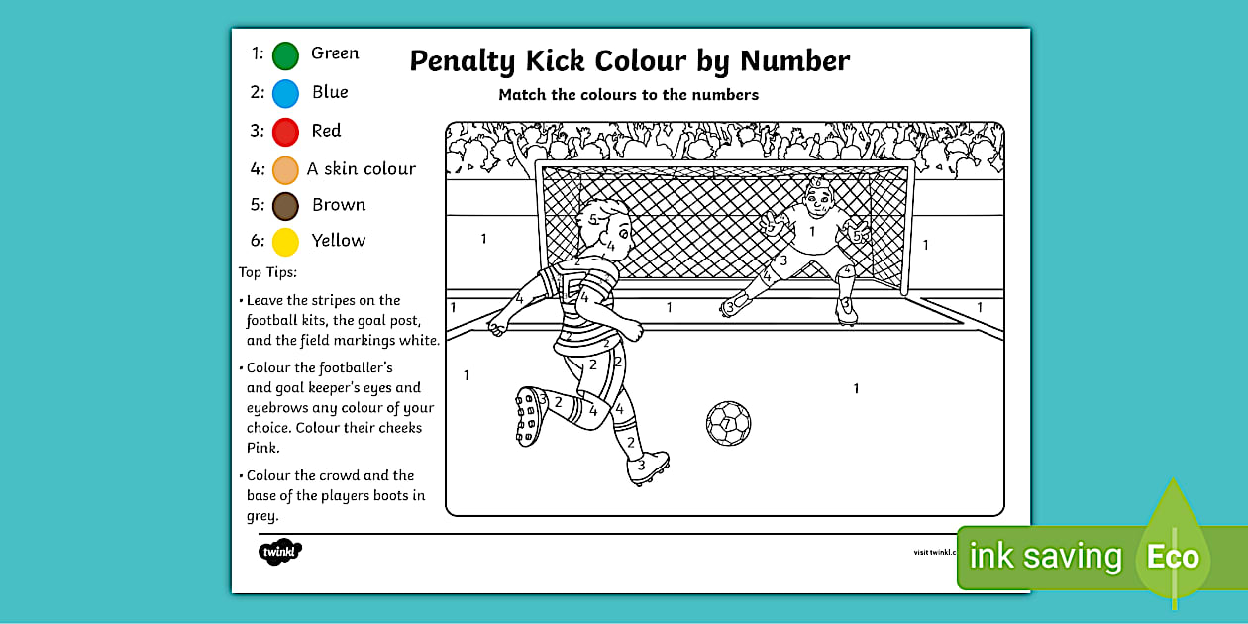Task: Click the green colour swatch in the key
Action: [x=285, y=55]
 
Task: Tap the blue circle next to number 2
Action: [x=285, y=94]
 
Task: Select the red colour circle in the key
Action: [x=285, y=132]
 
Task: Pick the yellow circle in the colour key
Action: [x=285, y=242]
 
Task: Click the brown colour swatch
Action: [x=285, y=206]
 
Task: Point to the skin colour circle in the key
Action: [x=285, y=170]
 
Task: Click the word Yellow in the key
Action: [x=338, y=241]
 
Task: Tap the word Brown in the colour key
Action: [x=339, y=205]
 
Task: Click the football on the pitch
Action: [x=728, y=423]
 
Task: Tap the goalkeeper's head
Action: [x=816, y=203]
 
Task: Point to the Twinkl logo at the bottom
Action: [x=279, y=551]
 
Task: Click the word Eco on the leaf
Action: [x=1173, y=557]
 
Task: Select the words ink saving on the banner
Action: [x=1045, y=557]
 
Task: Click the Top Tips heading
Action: [x=267, y=272]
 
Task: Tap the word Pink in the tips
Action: [x=262, y=448]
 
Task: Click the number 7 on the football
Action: [x=727, y=424]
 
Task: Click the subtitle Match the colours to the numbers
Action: [x=628, y=95]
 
